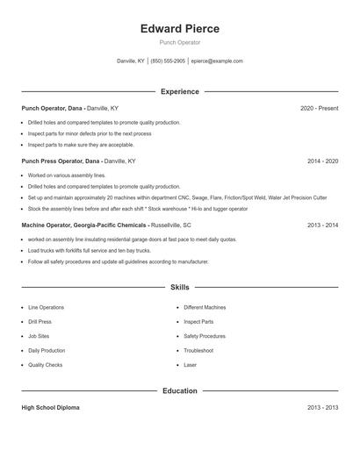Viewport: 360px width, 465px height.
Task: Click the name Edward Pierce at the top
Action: (180, 28)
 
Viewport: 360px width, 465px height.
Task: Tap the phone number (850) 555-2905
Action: (168, 61)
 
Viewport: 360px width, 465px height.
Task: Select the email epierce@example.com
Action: (218, 61)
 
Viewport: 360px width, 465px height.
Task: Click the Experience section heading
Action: (180, 91)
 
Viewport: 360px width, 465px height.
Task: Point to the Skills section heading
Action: (180, 287)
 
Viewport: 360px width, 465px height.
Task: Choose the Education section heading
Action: (180, 390)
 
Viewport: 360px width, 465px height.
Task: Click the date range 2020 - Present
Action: (319, 108)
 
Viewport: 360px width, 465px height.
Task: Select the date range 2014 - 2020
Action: (322, 161)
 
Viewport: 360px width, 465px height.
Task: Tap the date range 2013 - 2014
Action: (322, 225)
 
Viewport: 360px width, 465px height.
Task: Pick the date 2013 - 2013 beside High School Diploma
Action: (322, 408)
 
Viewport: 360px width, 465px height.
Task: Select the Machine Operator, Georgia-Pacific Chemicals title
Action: (83, 225)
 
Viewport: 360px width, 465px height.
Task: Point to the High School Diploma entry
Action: (51, 408)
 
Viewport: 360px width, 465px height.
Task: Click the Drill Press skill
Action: (40, 322)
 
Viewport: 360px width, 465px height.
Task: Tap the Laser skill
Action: (190, 364)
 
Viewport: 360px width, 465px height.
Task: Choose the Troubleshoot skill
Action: (198, 350)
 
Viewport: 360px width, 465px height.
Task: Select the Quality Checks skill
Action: (45, 364)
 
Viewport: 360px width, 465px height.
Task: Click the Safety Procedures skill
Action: (204, 336)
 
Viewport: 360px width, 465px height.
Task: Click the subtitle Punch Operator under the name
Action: (180, 42)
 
